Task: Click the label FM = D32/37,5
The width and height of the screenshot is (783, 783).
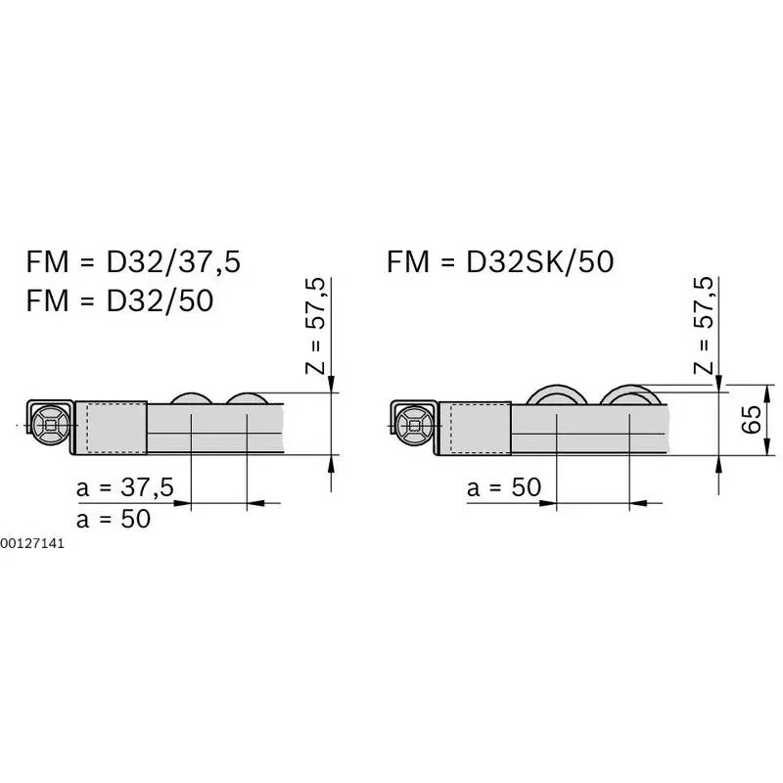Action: (133, 261)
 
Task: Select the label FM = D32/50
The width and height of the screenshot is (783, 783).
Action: (119, 300)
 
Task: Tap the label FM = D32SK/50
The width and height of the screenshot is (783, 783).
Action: (500, 261)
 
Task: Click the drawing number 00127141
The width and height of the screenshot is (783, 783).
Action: (32, 544)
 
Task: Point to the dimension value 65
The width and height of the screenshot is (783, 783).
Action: (751, 420)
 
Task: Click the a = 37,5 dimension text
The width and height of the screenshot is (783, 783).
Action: (125, 486)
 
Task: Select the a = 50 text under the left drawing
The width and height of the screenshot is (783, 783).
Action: (114, 519)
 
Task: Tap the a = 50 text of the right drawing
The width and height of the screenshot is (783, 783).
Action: (504, 486)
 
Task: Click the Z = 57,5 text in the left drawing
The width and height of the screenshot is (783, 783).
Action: (315, 326)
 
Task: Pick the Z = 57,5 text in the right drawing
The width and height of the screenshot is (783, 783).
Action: (704, 325)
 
